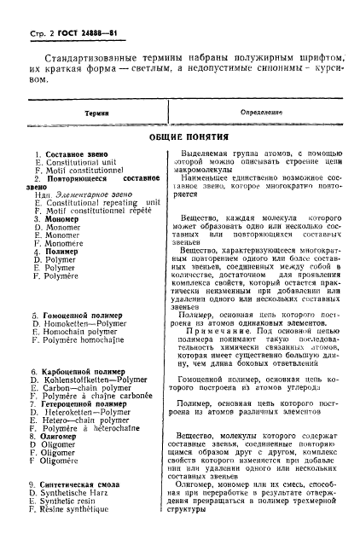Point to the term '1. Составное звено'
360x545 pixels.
[65, 154]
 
